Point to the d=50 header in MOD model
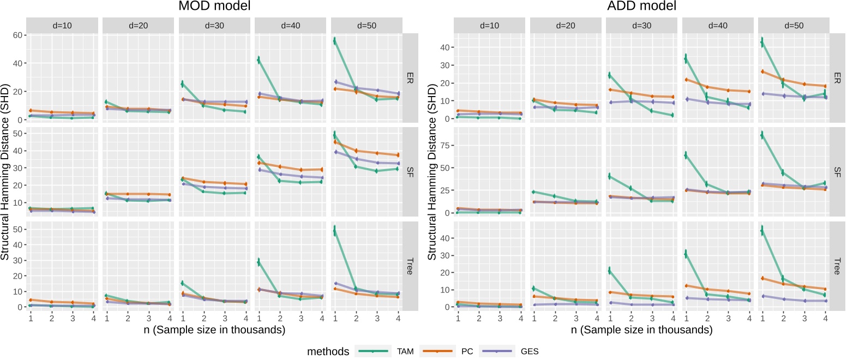pos(365,25)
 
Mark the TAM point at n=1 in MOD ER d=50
pos(335,40)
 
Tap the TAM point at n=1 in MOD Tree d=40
pos(259,262)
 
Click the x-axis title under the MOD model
pos(213,330)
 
